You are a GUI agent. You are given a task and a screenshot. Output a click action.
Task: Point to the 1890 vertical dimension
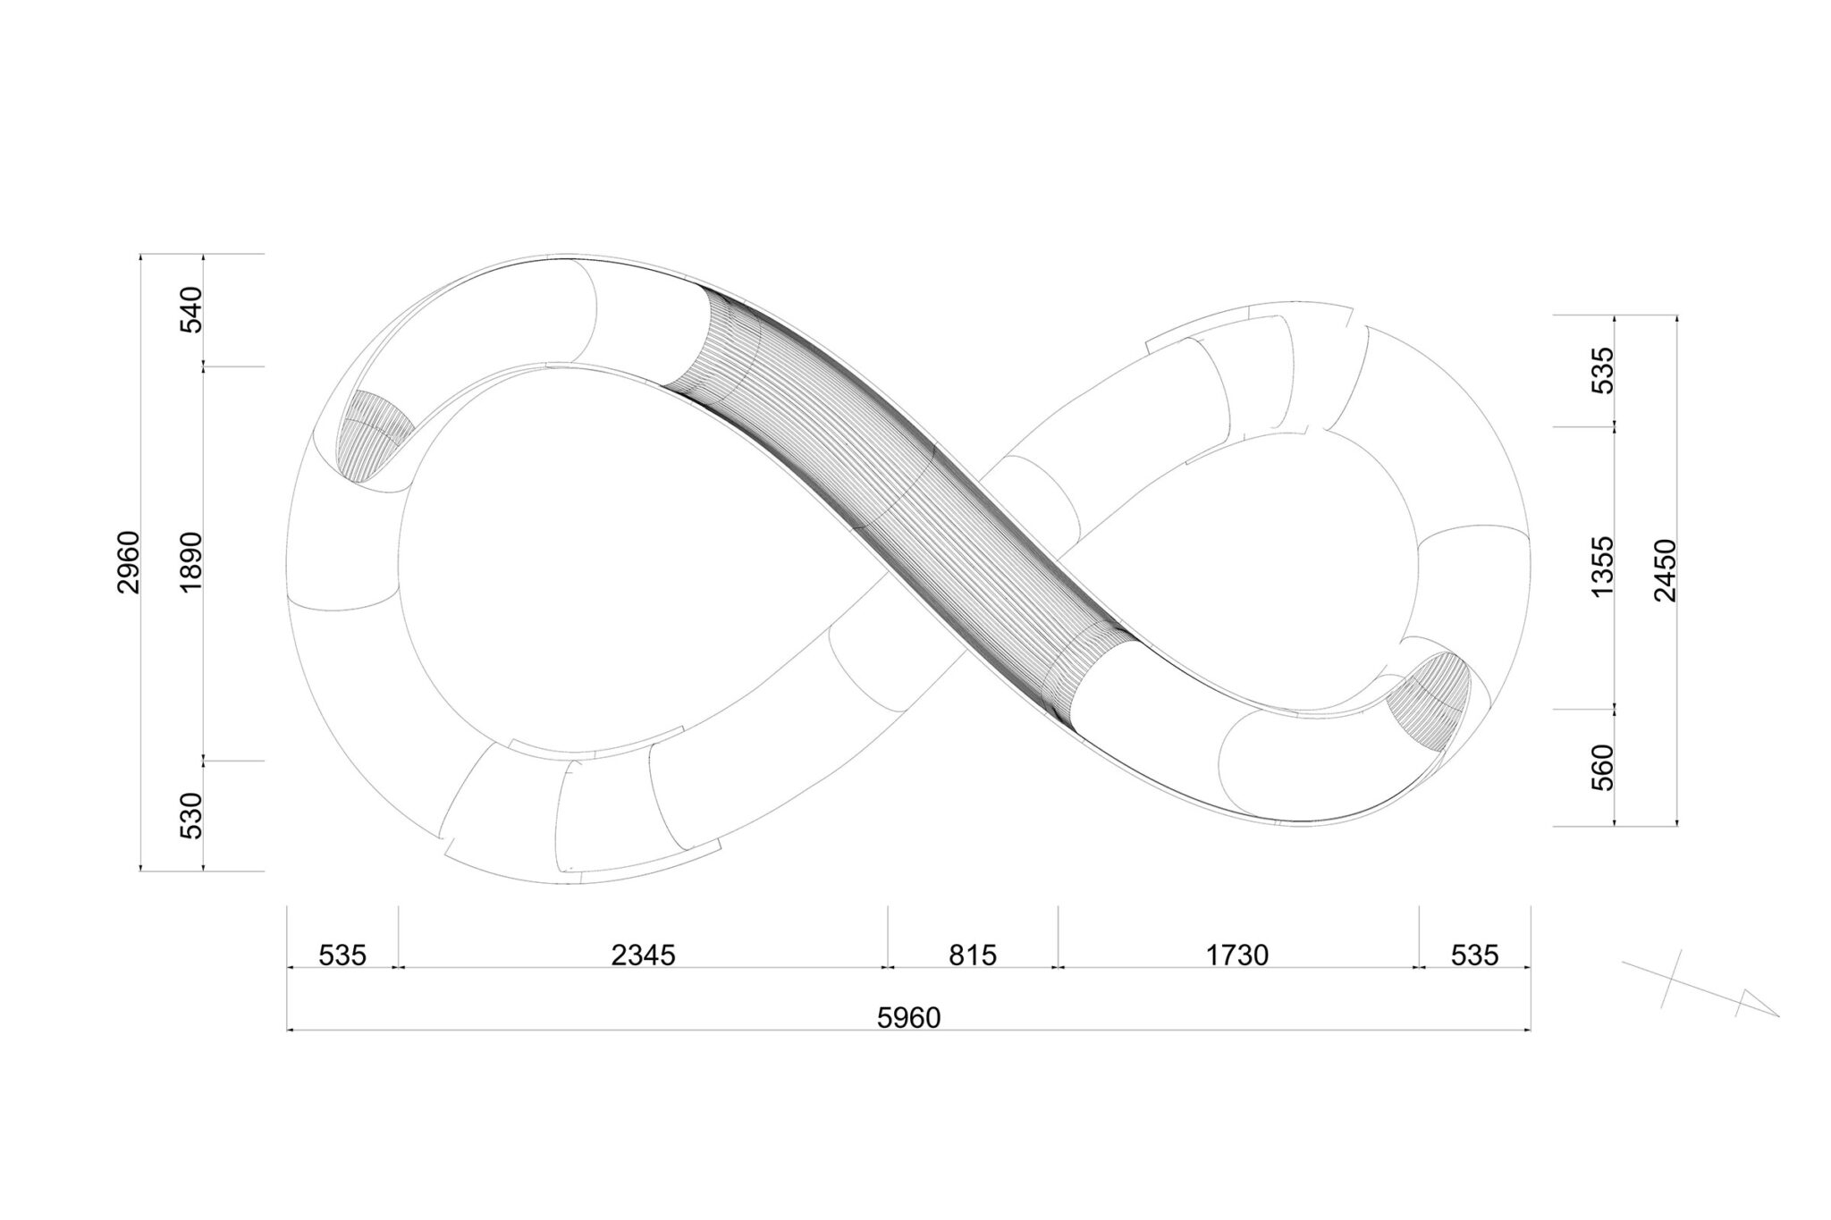tap(192, 562)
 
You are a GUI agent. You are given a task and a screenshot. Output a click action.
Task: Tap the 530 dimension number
tap(192, 815)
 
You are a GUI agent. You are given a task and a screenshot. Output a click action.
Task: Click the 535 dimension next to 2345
tap(343, 955)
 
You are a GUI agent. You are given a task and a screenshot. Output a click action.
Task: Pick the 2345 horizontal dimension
tap(644, 955)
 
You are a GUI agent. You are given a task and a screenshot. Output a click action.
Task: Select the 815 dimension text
tap(973, 955)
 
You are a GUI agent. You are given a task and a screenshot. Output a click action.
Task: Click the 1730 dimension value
tap(1237, 955)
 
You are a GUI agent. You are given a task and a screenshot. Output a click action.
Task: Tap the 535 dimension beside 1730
tap(1474, 955)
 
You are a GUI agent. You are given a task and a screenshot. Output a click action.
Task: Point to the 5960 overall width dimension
tap(909, 1018)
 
